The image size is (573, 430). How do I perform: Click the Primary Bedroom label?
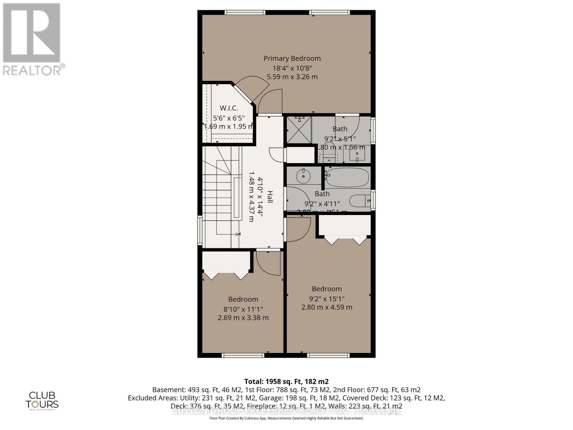(x=292, y=58)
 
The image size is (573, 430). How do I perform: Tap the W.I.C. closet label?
(x=228, y=108)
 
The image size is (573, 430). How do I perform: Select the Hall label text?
(x=270, y=197)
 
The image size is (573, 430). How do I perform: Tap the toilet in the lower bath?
(x=360, y=201)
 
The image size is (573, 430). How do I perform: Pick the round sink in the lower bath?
(x=304, y=176)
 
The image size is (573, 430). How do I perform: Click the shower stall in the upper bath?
(x=299, y=130)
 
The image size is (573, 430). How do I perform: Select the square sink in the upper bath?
(x=357, y=155)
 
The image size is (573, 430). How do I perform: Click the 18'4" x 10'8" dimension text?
(x=292, y=68)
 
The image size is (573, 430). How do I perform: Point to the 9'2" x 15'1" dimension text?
(x=326, y=298)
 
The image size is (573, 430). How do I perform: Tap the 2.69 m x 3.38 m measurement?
(x=243, y=318)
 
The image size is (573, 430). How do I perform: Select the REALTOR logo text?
(x=34, y=70)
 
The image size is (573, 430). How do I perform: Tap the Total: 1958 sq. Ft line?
(x=286, y=381)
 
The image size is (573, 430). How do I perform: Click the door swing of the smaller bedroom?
(x=269, y=263)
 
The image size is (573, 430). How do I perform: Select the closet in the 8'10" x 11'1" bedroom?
(x=226, y=261)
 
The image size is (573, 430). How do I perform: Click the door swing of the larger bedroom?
(x=298, y=229)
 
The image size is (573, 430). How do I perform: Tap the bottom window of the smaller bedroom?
(x=243, y=355)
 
